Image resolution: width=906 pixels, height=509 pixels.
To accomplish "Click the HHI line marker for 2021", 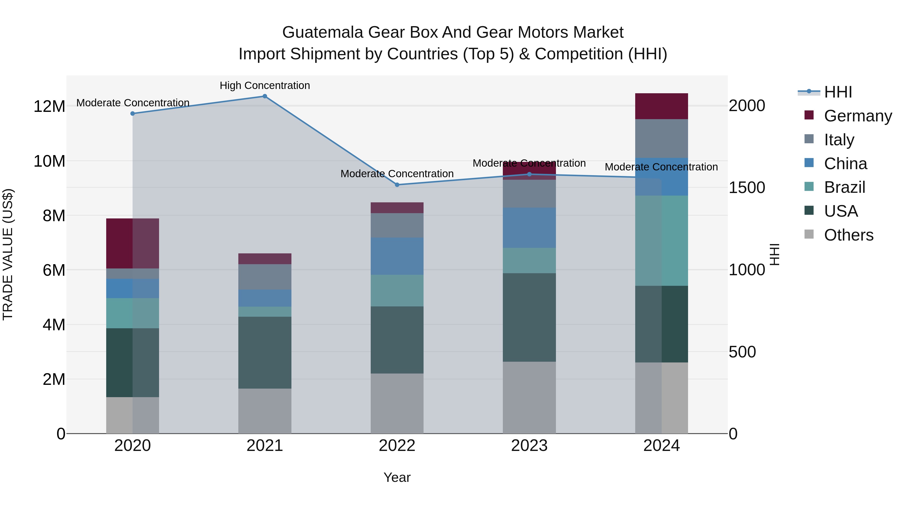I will tap(265, 96).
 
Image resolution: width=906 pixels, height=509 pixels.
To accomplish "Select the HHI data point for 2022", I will tap(397, 185).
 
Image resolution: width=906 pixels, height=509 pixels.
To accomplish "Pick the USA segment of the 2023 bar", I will tap(529, 317).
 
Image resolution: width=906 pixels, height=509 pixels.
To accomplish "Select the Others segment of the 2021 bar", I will tap(265, 411).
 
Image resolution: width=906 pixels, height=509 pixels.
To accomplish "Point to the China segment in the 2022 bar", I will tap(397, 256).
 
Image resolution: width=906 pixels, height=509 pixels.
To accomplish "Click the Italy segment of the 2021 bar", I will tap(265, 277).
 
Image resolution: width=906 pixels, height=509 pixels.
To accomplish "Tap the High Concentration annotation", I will tap(265, 85).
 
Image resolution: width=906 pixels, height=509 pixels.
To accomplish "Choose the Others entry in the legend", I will tap(848, 235).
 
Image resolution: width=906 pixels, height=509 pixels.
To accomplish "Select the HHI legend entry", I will tap(838, 92).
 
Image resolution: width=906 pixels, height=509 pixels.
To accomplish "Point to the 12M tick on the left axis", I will tap(49, 106).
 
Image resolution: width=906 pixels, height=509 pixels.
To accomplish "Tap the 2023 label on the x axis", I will tap(529, 446).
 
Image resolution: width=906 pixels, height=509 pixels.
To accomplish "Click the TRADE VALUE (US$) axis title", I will tap(8, 254).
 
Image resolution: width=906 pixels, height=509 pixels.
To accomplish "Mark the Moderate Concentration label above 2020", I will tap(133, 103).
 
